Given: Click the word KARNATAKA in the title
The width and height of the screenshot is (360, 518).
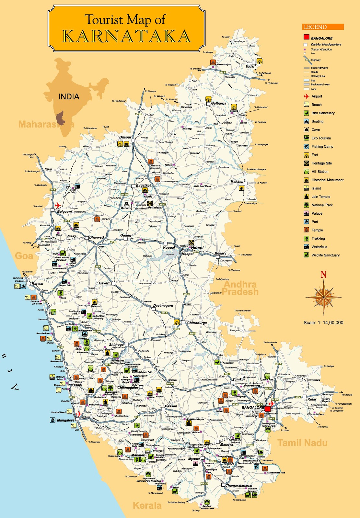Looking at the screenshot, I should click(x=126, y=36).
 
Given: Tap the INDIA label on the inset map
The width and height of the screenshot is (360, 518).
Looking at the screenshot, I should click(x=69, y=96).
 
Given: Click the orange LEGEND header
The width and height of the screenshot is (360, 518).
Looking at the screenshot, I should click(x=323, y=27).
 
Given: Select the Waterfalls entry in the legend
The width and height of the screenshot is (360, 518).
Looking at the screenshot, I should click(x=319, y=247).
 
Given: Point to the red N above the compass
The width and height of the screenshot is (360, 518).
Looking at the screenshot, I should click(x=323, y=275).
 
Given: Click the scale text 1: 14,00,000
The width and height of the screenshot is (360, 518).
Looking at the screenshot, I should click(x=323, y=322).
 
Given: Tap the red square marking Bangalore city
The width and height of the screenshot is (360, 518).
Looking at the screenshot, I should click(x=267, y=409).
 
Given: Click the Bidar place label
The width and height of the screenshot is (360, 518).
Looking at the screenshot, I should click(x=250, y=66).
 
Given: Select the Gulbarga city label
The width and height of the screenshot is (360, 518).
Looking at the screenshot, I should click(x=219, y=103).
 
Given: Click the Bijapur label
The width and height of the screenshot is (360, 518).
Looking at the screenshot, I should click(x=125, y=137).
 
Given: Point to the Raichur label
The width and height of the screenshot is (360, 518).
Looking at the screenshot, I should click(x=237, y=181).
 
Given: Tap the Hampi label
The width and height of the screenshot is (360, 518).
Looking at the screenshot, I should click(x=197, y=248).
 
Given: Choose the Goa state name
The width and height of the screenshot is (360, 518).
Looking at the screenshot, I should click(x=24, y=256).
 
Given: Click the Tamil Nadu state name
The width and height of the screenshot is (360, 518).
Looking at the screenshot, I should click(x=302, y=443).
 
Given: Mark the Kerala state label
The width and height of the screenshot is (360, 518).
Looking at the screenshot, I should click(x=147, y=505).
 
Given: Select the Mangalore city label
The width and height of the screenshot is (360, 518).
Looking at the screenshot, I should click(x=66, y=420).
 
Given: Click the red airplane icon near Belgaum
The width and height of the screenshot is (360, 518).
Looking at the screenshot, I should click(x=58, y=205).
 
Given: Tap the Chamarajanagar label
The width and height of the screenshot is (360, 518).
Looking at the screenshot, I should click(x=239, y=485).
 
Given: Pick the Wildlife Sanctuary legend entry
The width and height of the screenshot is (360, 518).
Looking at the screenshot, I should click(x=325, y=255).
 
